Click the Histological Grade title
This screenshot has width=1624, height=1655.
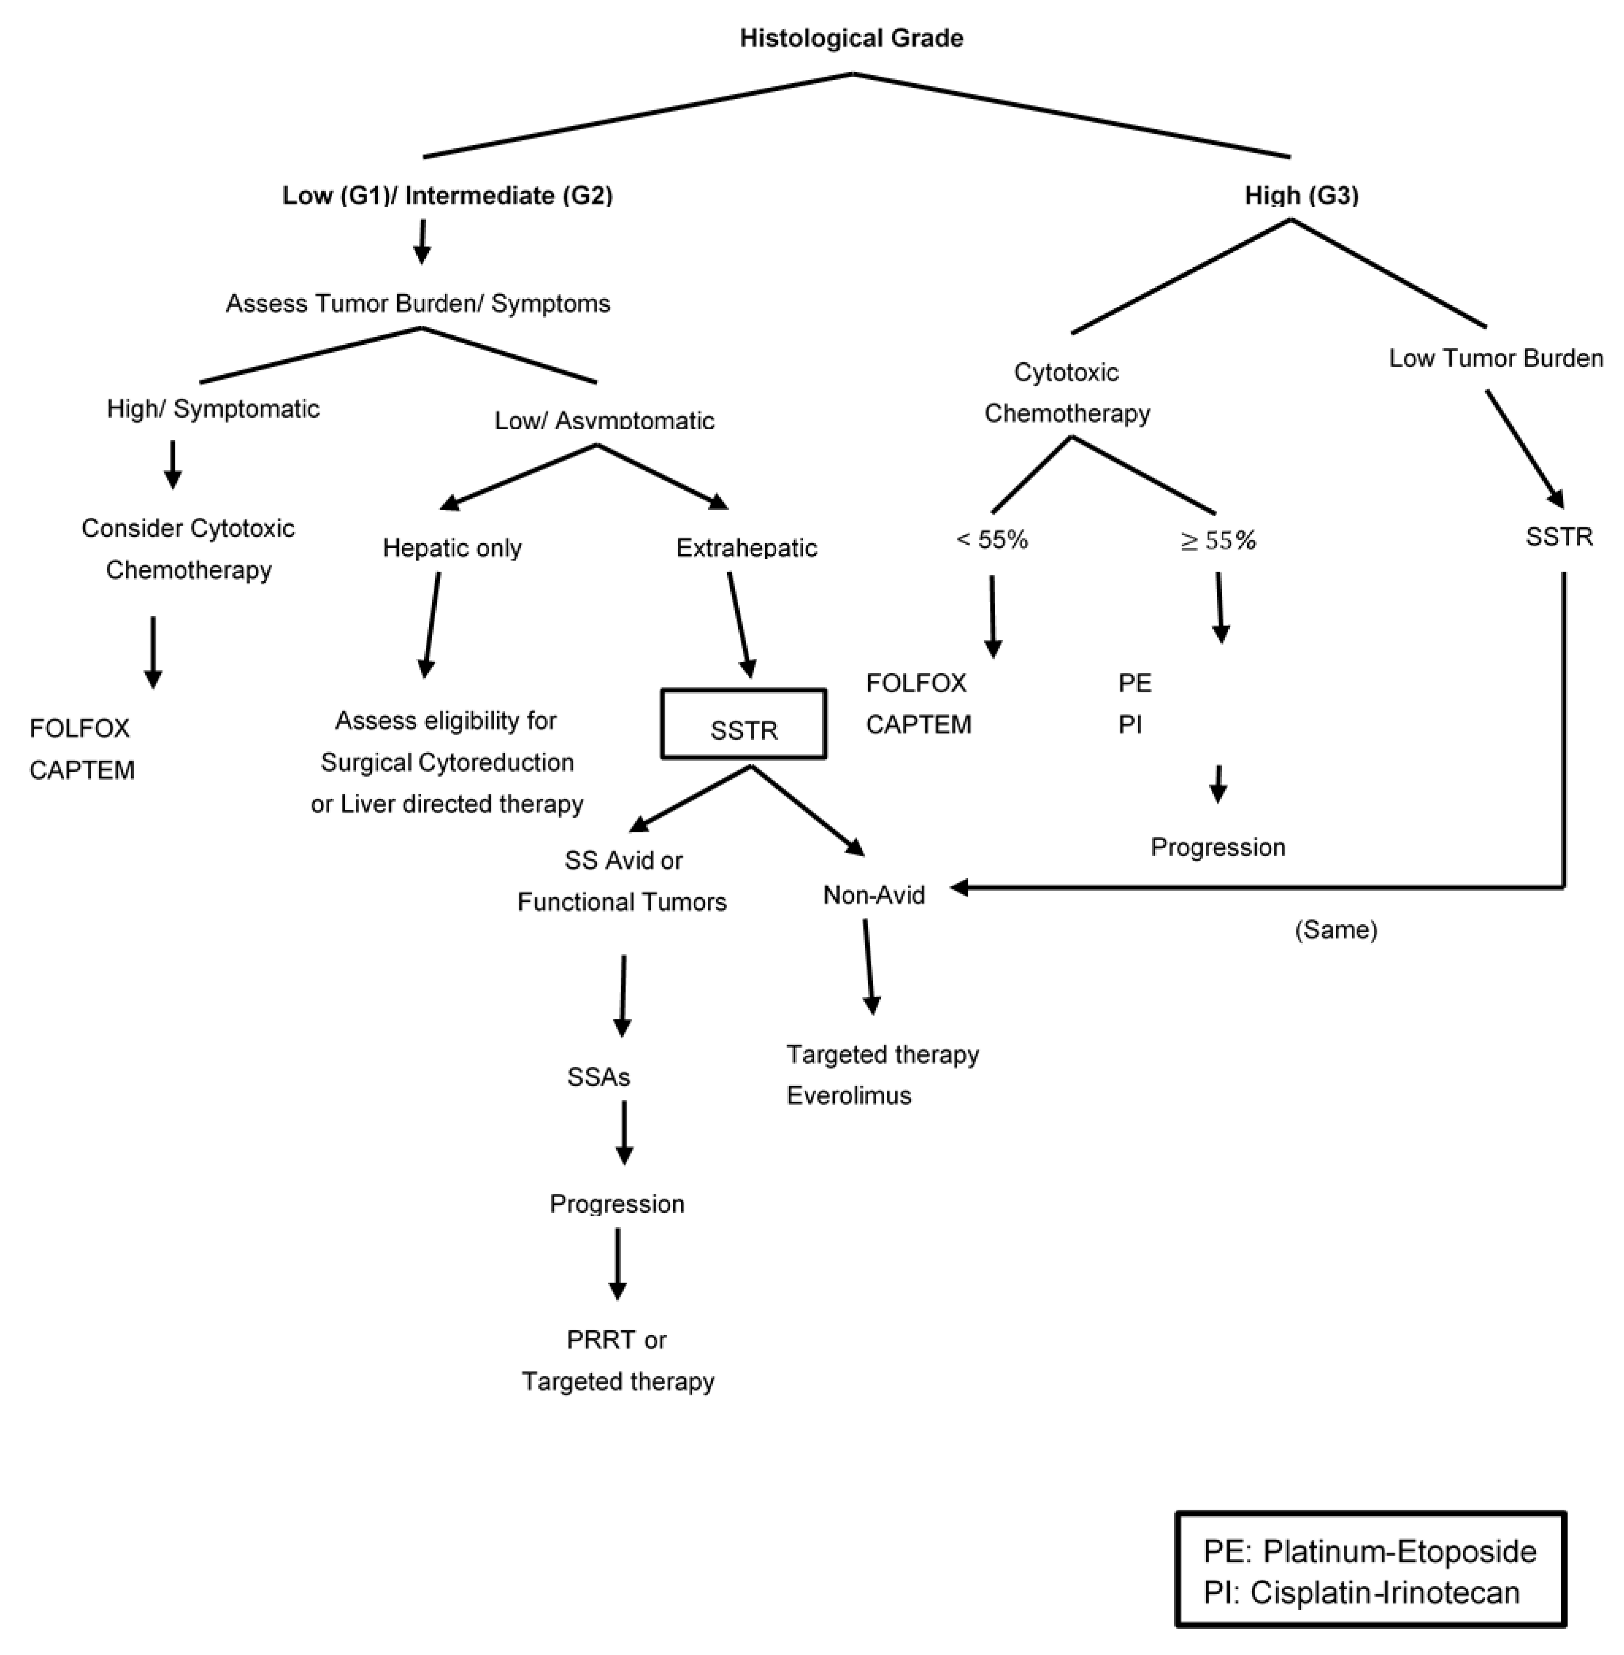tap(851, 38)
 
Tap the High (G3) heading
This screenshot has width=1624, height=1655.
tap(1302, 195)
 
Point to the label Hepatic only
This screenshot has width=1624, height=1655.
tap(452, 548)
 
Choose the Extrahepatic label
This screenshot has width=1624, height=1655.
tap(746, 548)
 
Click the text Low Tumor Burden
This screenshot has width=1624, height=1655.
tap(1496, 358)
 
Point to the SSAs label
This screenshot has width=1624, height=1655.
tap(599, 1078)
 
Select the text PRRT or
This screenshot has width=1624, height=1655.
tap(616, 1340)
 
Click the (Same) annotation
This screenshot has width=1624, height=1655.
tap(1336, 930)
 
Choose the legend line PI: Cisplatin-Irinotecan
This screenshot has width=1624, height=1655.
tap(1361, 1593)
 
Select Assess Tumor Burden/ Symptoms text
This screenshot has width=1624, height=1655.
tap(418, 304)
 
